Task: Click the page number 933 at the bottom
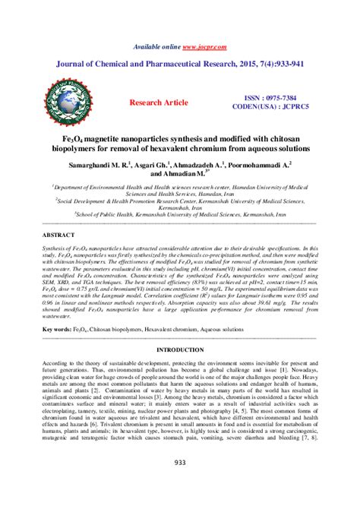180,483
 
